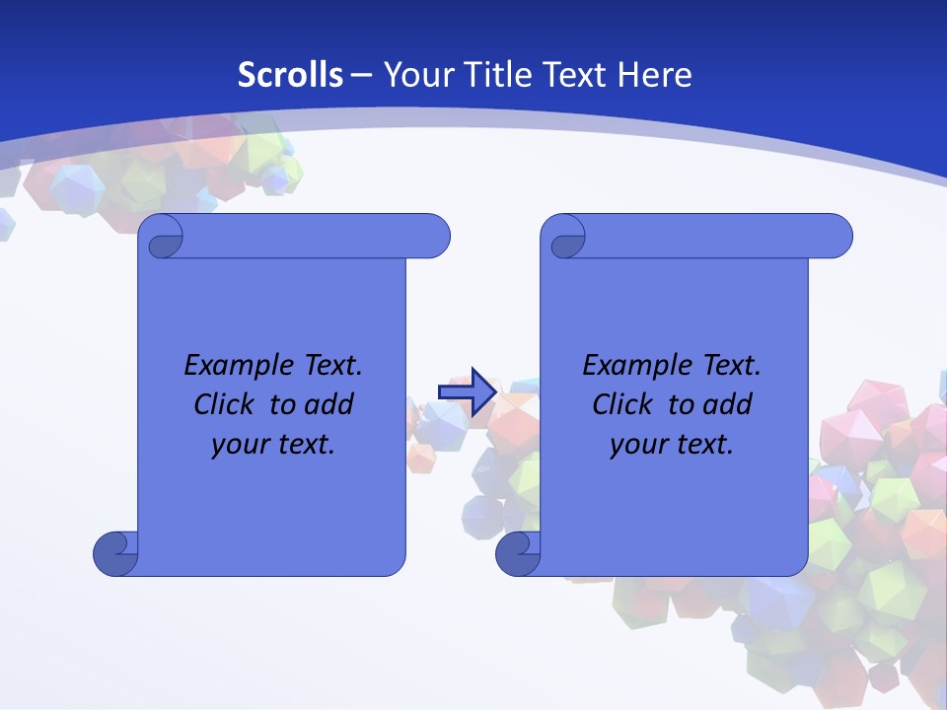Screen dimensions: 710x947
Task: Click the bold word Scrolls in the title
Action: pyautogui.click(x=291, y=75)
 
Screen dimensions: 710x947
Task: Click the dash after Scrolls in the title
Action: pyautogui.click(x=362, y=75)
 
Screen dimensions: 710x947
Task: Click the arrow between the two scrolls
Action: pyautogui.click(x=467, y=391)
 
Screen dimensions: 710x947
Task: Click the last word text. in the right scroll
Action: pyautogui.click(x=702, y=445)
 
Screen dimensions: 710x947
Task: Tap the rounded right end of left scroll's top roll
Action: pyautogui.click(x=435, y=236)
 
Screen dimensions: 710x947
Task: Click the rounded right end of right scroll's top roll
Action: pyautogui.click(x=838, y=236)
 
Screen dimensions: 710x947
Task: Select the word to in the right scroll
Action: pyautogui.click(x=680, y=404)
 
